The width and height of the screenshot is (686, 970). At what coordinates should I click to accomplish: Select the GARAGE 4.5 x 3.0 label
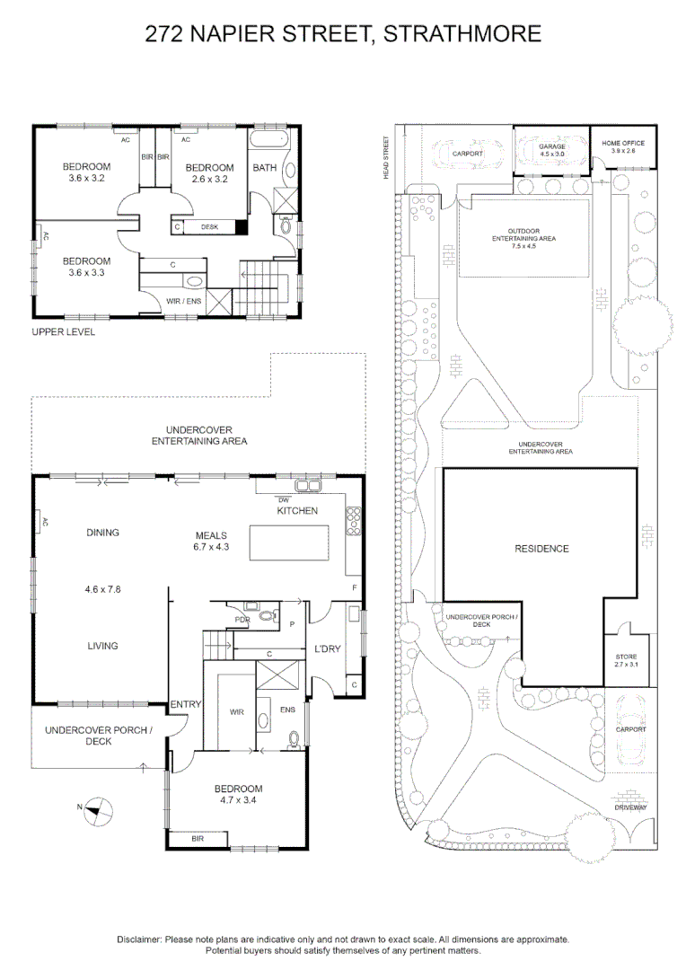[x=552, y=150]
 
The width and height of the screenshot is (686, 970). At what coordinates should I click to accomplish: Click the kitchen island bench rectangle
[x=289, y=543]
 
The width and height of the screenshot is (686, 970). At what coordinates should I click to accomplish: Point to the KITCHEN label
[x=297, y=510]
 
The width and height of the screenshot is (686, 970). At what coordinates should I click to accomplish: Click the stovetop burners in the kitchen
[x=353, y=520]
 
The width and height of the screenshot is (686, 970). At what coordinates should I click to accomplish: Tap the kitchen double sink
[x=308, y=486]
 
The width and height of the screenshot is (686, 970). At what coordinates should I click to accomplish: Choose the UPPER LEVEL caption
[x=64, y=332]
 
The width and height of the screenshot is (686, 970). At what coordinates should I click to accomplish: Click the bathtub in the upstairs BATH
[x=268, y=138]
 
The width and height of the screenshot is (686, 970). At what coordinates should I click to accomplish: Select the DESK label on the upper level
[x=210, y=227]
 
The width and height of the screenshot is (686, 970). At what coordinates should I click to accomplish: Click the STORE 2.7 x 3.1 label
[x=626, y=661]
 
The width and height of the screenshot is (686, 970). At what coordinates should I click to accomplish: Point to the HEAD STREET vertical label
[x=386, y=158]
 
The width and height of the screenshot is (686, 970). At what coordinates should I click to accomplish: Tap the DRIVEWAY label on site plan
[x=630, y=807]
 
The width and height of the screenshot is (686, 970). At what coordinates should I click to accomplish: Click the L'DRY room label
[x=327, y=649]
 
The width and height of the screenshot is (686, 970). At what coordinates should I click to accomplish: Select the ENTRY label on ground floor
[x=186, y=704]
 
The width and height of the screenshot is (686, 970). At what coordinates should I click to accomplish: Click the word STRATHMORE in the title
[x=462, y=33]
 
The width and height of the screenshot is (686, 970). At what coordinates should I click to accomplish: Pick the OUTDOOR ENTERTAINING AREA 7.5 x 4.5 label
[x=524, y=238]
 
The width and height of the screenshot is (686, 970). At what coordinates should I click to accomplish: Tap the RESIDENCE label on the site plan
[x=541, y=549]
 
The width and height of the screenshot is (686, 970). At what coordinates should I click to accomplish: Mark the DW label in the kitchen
[x=284, y=500]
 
